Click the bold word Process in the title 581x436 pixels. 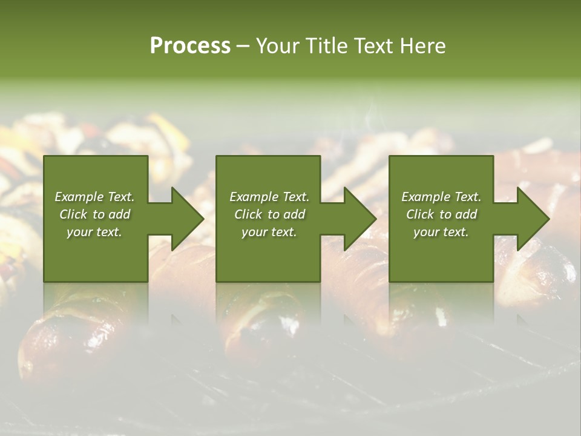tap(190, 46)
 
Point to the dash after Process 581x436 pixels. tap(243, 46)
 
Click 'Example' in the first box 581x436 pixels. tap(78, 197)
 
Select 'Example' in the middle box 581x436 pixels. tap(253, 197)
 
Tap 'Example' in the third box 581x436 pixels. tap(425, 197)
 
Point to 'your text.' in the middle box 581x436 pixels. tap(269, 232)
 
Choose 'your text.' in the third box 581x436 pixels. tap(441, 232)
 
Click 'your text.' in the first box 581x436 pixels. tap(94, 232)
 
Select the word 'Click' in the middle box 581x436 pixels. tap(248, 214)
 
